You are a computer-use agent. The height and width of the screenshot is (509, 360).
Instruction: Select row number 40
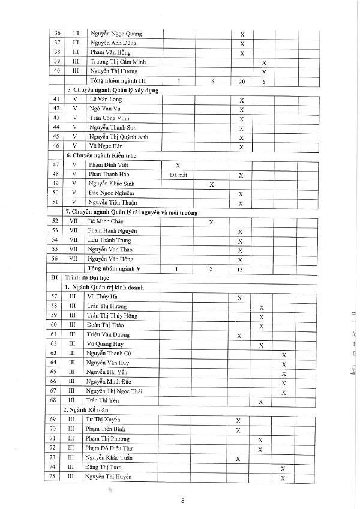(56, 71)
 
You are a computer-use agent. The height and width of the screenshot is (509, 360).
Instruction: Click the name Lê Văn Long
(105, 100)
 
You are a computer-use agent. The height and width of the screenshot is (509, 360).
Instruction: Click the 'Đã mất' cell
(179, 175)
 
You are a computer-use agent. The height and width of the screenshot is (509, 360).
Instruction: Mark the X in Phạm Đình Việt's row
(178, 165)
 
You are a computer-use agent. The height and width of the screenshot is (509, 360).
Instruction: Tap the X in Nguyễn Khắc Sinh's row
(212, 185)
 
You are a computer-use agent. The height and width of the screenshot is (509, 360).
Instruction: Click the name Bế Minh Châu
(107, 222)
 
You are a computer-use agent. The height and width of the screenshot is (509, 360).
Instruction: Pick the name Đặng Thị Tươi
(108, 468)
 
